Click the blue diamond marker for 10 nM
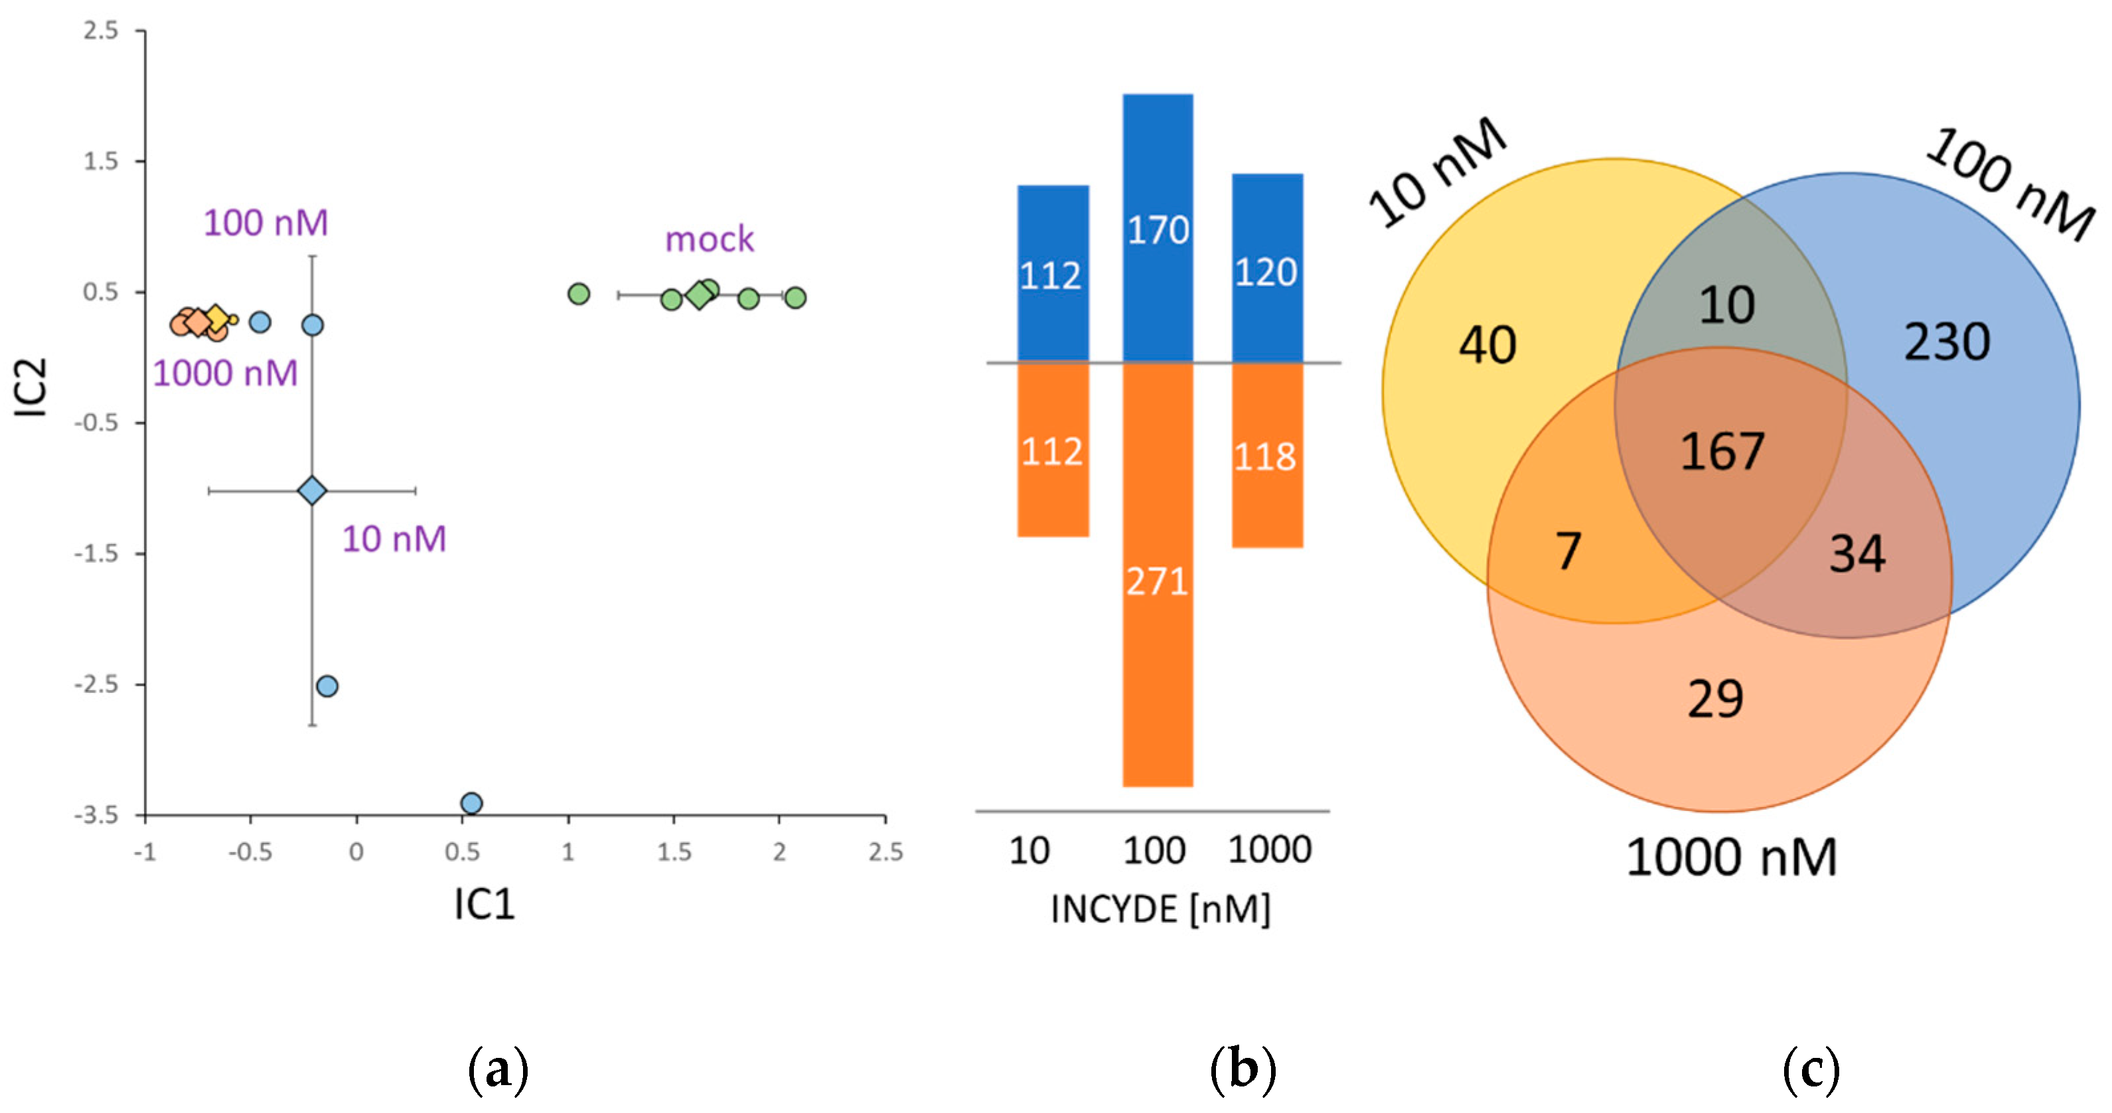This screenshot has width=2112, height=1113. tap(311, 491)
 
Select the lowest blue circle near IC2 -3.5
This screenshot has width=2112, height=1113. tap(471, 802)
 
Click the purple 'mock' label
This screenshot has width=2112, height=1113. tap(709, 240)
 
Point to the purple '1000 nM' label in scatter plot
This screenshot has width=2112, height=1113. tap(226, 374)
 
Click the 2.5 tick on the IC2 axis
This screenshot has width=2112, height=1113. tap(101, 31)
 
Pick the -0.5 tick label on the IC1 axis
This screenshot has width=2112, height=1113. tap(250, 852)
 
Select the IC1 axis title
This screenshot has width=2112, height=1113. tap(485, 905)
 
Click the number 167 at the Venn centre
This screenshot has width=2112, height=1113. tap(1722, 451)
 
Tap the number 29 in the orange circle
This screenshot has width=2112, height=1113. tap(1715, 699)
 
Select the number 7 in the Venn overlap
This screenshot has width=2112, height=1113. tap(1568, 551)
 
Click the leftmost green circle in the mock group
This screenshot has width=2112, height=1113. tap(579, 293)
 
